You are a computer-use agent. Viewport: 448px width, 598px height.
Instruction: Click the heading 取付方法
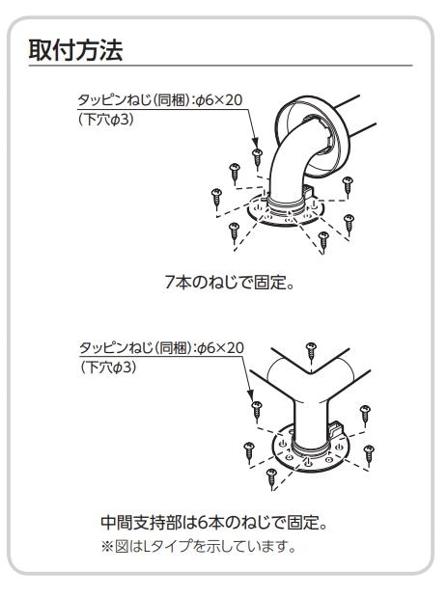(75, 50)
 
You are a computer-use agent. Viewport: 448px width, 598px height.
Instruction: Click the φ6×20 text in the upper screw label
(219, 100)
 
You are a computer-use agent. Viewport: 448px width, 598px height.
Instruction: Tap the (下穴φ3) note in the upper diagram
(106, 120)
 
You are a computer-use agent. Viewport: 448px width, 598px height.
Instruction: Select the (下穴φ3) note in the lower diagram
(108, 367)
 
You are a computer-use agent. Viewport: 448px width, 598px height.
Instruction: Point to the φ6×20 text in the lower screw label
(221, 348)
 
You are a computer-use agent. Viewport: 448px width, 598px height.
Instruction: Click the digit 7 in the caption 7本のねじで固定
(170, 283)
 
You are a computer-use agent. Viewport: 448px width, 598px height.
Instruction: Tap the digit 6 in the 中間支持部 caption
(203, 522)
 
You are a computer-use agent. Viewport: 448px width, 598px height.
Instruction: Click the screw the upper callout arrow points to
(258, 158)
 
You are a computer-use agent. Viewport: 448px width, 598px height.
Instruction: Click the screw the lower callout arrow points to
(257, 411)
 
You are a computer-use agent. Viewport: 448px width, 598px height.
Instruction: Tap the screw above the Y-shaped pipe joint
(312, 352)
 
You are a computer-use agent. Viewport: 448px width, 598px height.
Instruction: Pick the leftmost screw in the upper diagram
(216, 198)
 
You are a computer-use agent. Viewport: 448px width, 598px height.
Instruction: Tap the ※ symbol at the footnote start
(107, 547)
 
